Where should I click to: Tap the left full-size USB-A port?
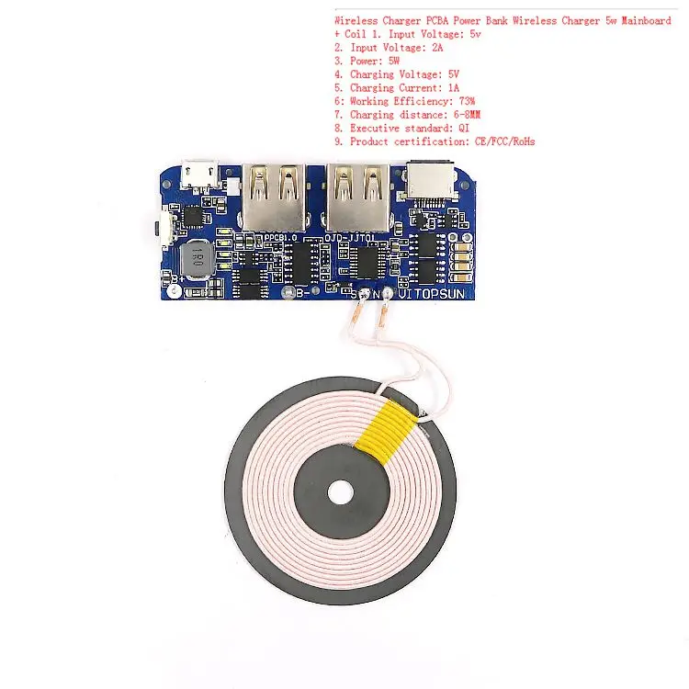click(274, 196)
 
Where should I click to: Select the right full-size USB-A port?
click(356, 196)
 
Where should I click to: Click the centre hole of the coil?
click(341, 491)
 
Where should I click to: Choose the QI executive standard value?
click(463, 129)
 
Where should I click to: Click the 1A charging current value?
click(454, 88)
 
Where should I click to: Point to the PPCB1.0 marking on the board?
click(283, 238)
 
